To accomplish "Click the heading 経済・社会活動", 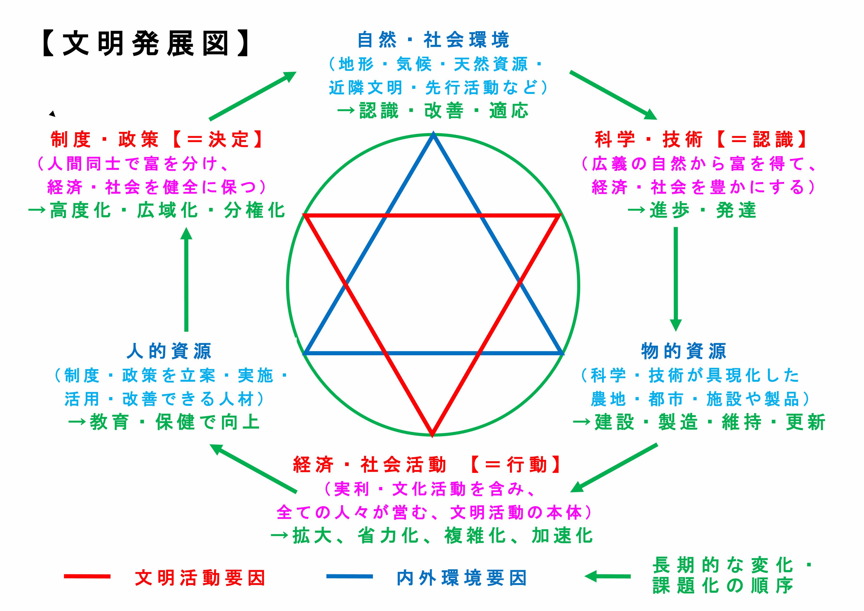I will [x=369, y=465].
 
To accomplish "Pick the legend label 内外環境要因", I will [x=461, y=578].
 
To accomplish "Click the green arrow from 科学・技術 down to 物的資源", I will [x=676, y=278].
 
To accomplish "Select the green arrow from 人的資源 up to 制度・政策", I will [x=186, y=278].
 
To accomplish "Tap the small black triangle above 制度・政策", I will [x=52, y=114].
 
